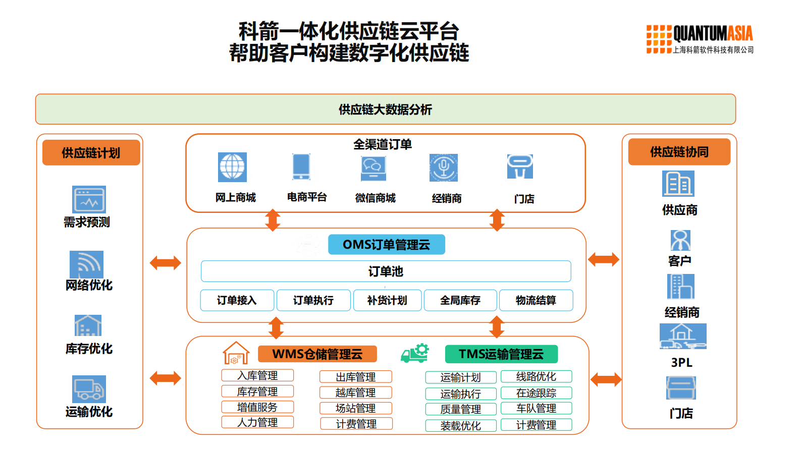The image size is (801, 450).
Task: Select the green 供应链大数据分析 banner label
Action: [385, 109]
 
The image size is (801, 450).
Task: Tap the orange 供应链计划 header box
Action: [91, 153]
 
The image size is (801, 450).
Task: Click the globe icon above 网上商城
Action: [232, 167]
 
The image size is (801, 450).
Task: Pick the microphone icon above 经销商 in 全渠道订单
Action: [444, 167]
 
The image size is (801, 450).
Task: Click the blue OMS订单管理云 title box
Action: [386, 245]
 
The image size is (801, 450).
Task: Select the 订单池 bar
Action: [386, 271]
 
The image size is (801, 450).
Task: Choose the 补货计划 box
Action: [387, 300]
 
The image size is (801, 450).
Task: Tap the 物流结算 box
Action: [536, 300]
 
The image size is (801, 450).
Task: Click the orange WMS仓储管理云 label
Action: [317, 354]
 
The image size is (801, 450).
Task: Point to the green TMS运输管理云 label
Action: [501, 354]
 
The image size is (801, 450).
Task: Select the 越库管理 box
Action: [355, 392]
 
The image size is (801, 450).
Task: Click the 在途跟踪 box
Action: [536, 393]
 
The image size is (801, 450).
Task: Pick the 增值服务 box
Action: [257, 407]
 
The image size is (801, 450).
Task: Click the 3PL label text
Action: [681, 362]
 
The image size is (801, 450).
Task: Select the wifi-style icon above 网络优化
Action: [86, 264]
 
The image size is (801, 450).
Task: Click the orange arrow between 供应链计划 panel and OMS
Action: [165, 263]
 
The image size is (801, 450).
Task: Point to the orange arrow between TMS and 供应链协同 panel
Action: [605, 379]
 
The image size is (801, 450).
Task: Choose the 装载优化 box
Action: [460, 426]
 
